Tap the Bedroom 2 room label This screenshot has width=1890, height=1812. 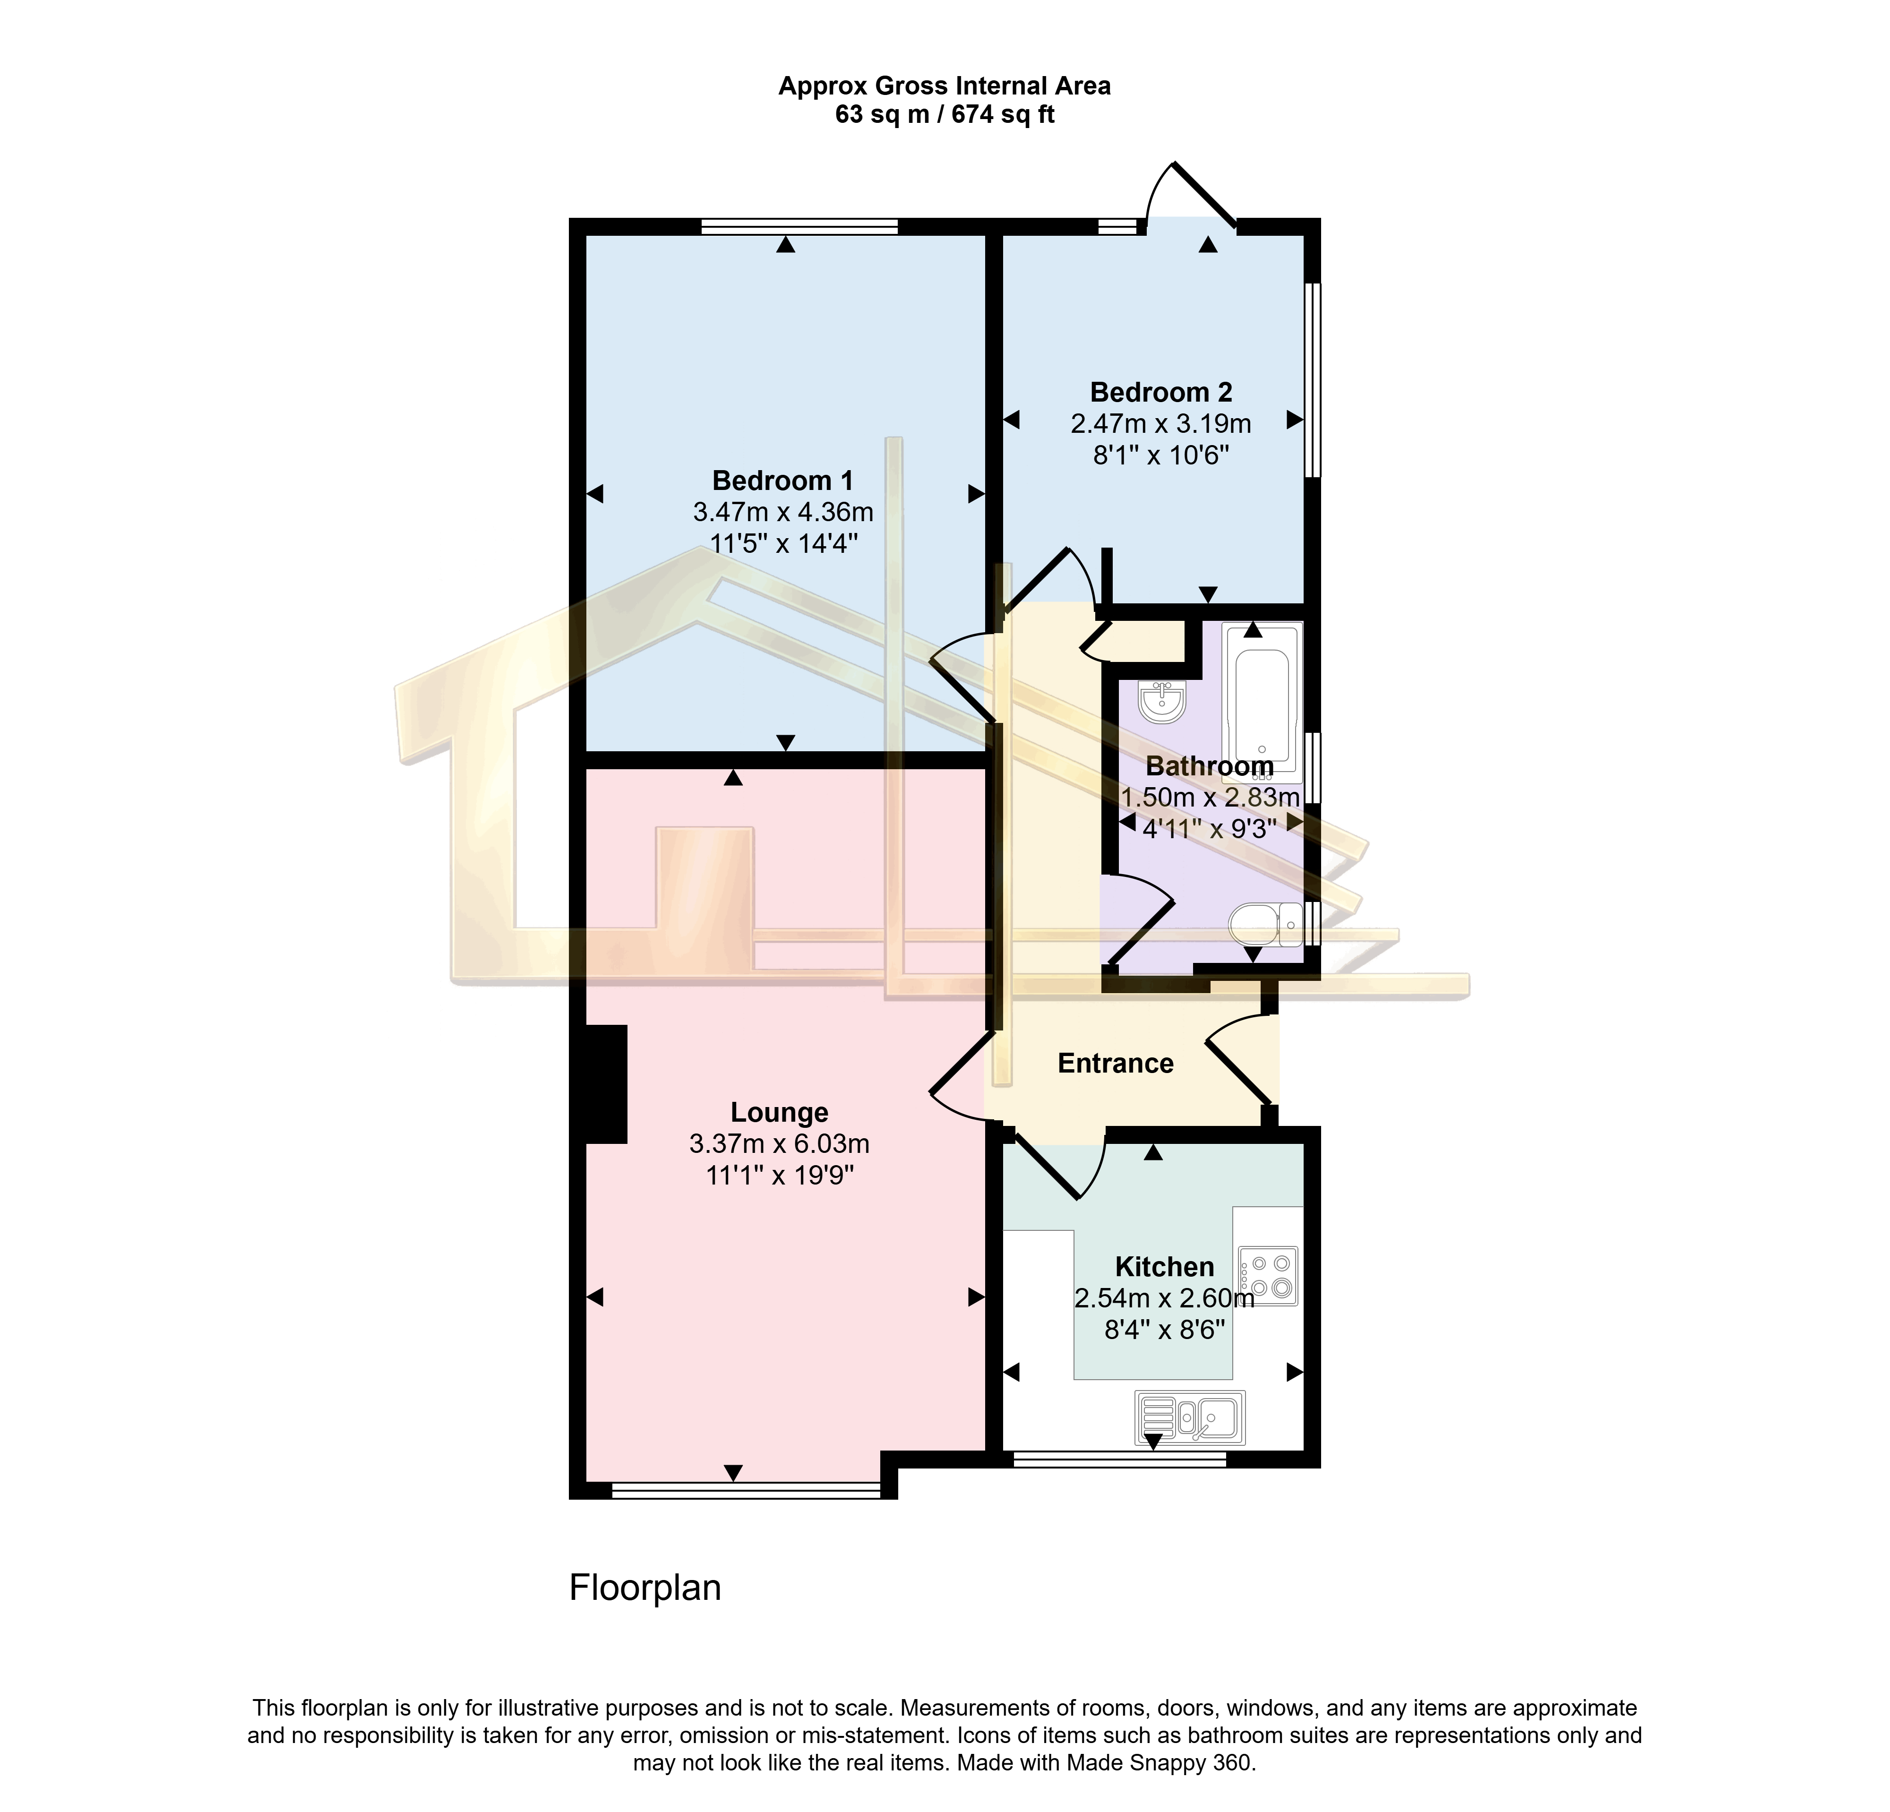point(1161,393)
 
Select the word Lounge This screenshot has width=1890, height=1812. point(779,1113)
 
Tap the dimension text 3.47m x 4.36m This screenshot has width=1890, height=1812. point(783,512)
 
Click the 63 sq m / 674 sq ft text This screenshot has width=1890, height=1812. point(945,115)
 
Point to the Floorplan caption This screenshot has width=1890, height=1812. point(645,1587)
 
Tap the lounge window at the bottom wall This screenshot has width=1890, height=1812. point(747,1490)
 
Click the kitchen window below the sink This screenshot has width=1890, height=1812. point(1119,1459)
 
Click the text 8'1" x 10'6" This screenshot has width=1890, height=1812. point(1161,455)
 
